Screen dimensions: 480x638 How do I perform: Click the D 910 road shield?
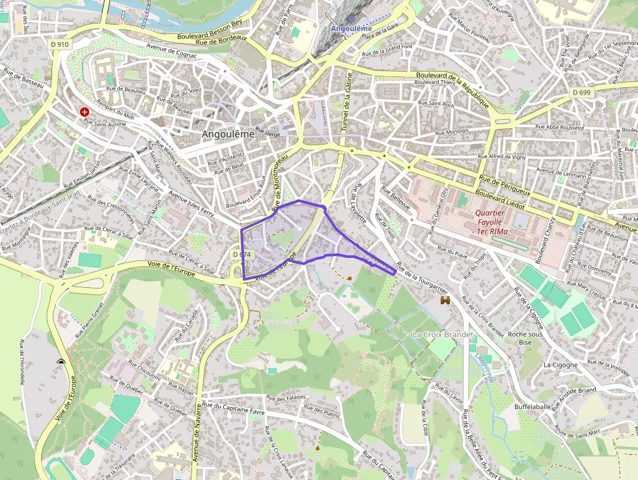tap(59, 44)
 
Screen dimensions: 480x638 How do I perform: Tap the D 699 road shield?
tap(582, 92)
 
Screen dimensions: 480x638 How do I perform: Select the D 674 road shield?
tap(241, 254)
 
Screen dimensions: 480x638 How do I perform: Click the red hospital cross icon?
tap(85, 112)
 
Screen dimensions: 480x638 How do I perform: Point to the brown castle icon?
tap(446, 300)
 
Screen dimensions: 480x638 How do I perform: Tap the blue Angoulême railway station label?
tap(351, 29)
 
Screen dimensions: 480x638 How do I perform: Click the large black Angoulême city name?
tap(228, 134)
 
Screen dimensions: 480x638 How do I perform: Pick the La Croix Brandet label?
tap(443, 334)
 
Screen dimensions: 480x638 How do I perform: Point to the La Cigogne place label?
tap(561, 365)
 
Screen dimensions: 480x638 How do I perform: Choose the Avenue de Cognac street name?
tap(171, 51)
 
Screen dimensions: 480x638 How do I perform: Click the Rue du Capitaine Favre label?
tap(233, 408)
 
